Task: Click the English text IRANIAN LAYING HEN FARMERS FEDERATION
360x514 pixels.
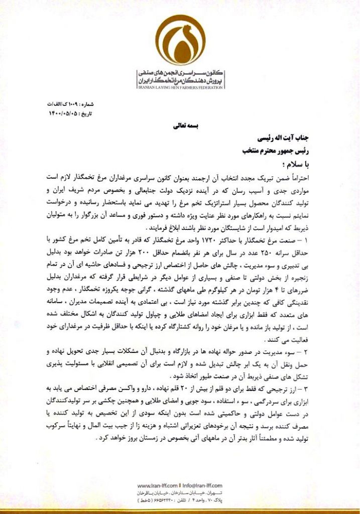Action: coord(180,87)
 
